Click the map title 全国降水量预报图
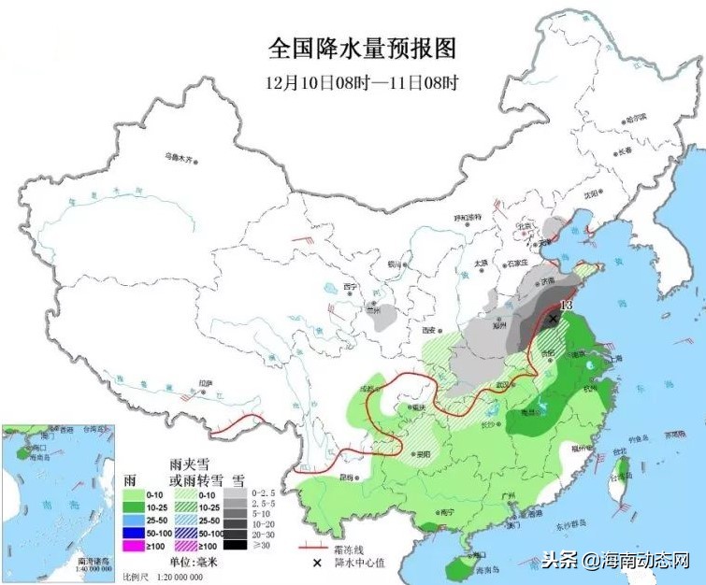(x=362, y=48)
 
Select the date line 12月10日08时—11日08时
(x=362, y=82)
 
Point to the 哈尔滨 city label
(x=636, y=119)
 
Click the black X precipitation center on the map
(x=554, y=319)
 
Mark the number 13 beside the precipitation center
(x=565, y=306)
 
